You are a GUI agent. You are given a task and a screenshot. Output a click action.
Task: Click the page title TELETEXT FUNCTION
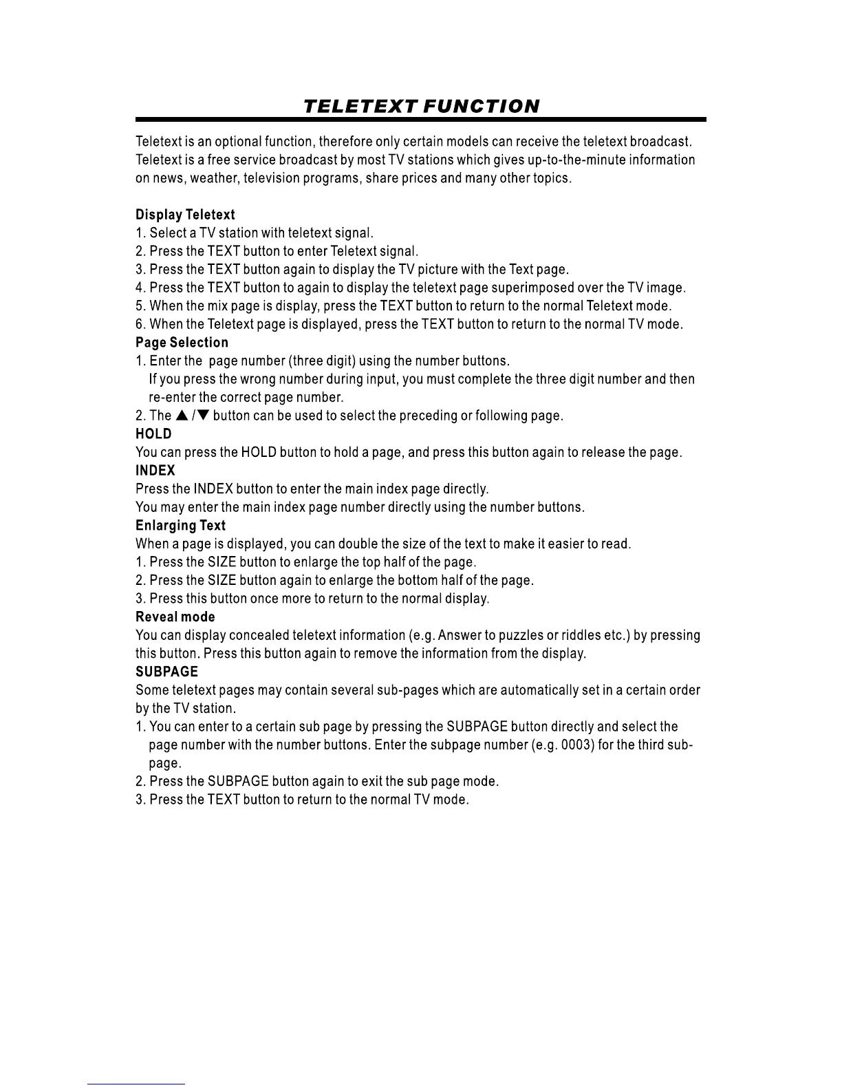[x=421, y=107]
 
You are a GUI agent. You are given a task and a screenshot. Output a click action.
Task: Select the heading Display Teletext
[x=185, y=215]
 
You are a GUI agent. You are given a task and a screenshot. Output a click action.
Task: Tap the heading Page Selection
[x=182, y=343]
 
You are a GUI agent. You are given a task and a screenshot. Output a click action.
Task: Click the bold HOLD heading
[x=153, y=434]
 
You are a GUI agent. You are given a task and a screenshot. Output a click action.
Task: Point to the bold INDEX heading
[x=155, y=471]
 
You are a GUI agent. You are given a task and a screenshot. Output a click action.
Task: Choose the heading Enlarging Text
[x=180, y=526]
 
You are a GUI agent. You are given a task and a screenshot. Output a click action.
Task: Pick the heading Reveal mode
[x=175, y=617]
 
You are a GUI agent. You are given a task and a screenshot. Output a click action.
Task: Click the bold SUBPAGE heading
[x=166, y=672]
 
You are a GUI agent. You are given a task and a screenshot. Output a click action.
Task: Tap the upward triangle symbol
[x=182, y=416]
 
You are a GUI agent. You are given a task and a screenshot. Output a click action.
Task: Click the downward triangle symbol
[x=203, y=416]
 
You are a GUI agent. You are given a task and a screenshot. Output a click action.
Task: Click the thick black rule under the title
[x=421, y=120]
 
